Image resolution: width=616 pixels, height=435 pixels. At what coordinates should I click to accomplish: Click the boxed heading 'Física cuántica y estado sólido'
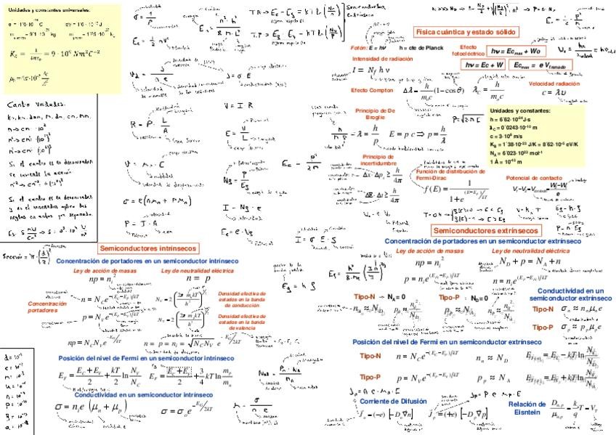(466, 33)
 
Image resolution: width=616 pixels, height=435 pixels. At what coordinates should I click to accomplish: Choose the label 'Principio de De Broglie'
(375, 113)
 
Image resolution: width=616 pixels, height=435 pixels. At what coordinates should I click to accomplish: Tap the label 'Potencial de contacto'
(534, 178)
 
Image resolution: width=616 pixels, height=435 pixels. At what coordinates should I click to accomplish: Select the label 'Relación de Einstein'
(527, 408)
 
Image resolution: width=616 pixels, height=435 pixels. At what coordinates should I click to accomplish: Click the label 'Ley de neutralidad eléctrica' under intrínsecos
(197, 270)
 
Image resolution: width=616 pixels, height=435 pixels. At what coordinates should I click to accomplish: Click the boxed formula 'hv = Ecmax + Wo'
(515, 52)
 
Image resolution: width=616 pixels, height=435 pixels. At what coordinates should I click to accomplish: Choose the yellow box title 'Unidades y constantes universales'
(49, 11)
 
